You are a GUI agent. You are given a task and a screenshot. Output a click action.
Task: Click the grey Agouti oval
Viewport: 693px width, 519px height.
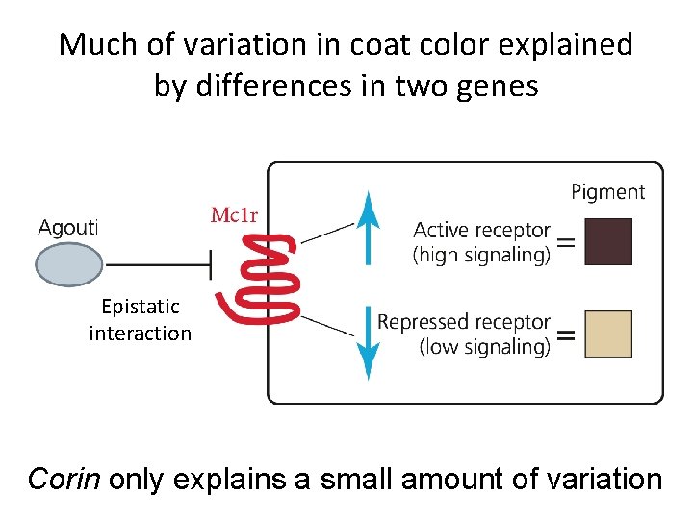(x=68, y=263)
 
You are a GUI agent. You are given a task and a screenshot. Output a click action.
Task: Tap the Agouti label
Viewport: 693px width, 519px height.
(x=68, y=227)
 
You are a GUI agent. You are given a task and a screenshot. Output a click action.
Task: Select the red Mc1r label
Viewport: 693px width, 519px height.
(x=234, y=214)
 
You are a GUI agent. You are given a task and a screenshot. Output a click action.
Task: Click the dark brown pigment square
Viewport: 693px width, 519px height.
(x=608, y=241)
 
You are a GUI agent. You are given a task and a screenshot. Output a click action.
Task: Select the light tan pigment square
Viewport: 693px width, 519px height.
(x=608, y=334)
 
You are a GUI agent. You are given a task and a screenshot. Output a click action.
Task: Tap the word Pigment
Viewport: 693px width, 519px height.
(x=607, y=192)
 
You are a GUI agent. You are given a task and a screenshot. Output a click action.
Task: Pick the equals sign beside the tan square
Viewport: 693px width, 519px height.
(x=568, y=335)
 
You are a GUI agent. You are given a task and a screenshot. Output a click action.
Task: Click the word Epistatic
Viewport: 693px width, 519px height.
(x=141, y=307)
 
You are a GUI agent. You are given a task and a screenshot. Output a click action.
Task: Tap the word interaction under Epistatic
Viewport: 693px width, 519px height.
(x=141, y=334)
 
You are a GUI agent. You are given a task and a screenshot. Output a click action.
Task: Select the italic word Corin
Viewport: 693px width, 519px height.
(x=64, y=478)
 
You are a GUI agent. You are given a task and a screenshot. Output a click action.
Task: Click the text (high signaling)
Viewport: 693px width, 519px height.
(x=481, y=255)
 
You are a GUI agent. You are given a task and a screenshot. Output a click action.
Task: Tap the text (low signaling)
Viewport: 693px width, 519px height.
(x=485, y=346)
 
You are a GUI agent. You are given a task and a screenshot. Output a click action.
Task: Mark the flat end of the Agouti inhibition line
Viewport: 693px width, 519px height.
(x=211, y=263)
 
